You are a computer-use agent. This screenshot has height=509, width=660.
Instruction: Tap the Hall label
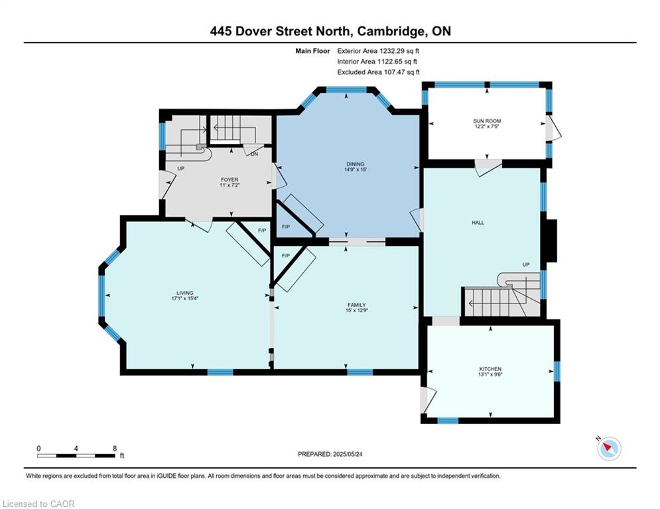478,223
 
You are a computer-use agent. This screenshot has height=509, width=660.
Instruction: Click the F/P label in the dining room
286,227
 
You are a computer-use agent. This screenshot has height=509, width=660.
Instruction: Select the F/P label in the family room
286,256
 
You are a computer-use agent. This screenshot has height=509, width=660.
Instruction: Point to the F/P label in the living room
262,231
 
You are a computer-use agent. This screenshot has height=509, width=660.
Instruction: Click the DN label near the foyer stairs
254,154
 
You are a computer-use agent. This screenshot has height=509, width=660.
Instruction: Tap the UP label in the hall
526,264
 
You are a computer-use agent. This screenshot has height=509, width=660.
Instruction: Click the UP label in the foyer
181,168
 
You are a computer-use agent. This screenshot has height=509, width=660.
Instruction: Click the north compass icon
609,449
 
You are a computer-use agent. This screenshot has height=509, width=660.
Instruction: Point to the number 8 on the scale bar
115,449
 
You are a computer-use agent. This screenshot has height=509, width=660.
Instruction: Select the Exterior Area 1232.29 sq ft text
378,51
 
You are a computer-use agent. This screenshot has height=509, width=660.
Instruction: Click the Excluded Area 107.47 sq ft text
378,72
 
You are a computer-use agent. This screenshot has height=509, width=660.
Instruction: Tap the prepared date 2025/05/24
348,454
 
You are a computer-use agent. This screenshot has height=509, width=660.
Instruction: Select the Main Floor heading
312,51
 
